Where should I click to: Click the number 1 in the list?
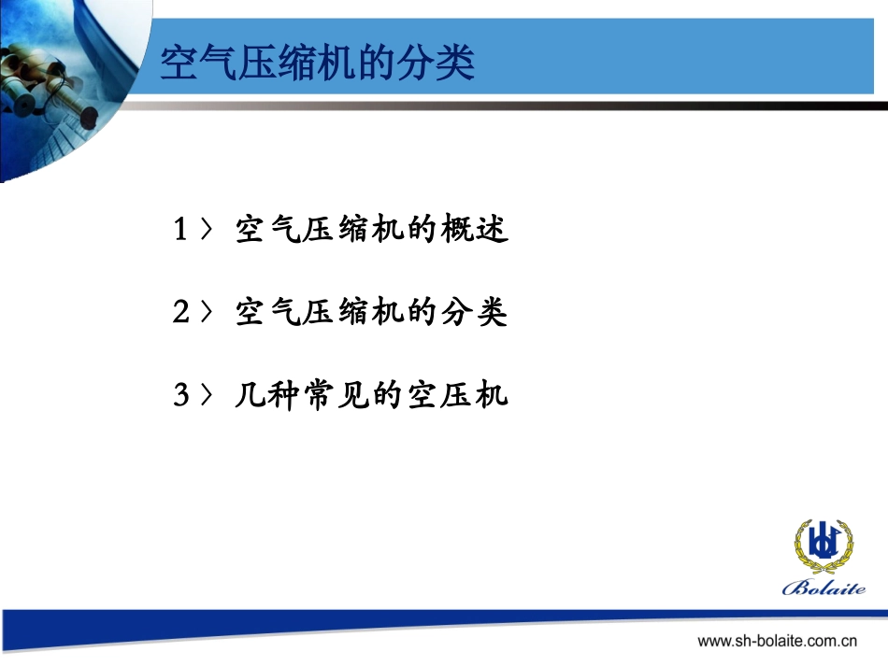click(182, 230)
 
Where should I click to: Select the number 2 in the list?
click(182, 312)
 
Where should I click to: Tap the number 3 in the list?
click(182, 395)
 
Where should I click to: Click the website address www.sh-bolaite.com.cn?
click(778, 642)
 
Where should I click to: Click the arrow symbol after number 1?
click(209, 230)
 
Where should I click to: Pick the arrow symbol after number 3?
click(209, 395)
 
